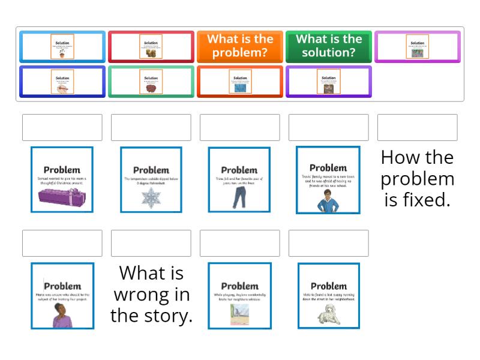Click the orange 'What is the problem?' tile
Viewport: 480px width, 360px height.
pyautogui.click(x=240, y=46)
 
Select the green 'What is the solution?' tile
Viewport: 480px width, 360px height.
pyautogui.click(x=329, y=46)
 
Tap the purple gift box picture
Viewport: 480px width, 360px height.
pyautogui.click(x=62, y=196)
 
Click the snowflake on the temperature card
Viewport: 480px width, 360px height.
pyautogui.click(x=151, y=197)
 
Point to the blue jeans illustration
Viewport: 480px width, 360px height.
pyautogui.click(x=239, y=197)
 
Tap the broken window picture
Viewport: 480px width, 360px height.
pyautogui.click(x=239, y=314)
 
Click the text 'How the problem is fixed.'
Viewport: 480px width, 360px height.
pyautogui.click(x=417, y=178)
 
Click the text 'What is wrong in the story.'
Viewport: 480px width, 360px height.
pyautogui.click(x=151, y=294)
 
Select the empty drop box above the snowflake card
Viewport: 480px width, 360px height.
pyautogui.click(x=151, y=127)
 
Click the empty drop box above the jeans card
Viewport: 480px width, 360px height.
pyautogui.click(x=240, y=127)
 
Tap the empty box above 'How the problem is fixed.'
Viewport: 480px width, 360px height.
pyautogui.click(x=417, y=127)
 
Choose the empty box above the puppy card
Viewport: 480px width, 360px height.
pyautogui.click(x=329, y=243)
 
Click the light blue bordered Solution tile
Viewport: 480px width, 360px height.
pyautogui.click(x=62, y=47)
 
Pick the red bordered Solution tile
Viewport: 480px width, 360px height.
pyautogui.click(x=151, y=47)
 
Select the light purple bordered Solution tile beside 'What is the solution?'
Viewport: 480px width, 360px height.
pyautogui.click(x=418, y=47)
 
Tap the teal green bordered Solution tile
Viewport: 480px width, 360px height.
pyautogui.click(x=151, y=82)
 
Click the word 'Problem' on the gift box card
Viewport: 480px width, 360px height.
pyautogui.click(x=62, y=170)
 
